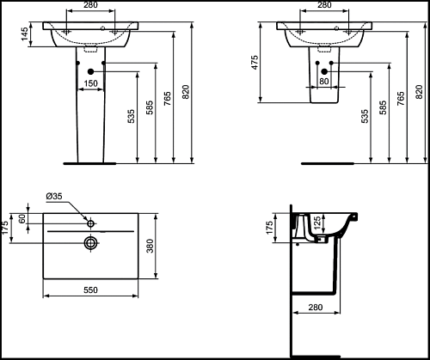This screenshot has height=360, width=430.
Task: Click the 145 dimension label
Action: [x=25, y=34]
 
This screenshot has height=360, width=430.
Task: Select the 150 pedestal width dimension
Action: [x=90, y=83]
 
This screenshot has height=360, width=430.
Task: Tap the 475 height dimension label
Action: [x=255, y=62]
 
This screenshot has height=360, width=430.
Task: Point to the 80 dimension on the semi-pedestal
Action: [x=324, y=82]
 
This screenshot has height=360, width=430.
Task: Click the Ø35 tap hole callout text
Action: [x=54, y=196]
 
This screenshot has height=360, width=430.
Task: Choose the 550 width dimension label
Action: [x=90, y=290]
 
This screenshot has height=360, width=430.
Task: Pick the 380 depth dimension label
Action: [x=150, y=246]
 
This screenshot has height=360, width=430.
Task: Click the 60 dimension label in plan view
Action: [x=22, y=219]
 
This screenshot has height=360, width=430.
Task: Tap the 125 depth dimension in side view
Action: [x=317, y=223]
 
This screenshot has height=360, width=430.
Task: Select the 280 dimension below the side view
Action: [x=316, y=308]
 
